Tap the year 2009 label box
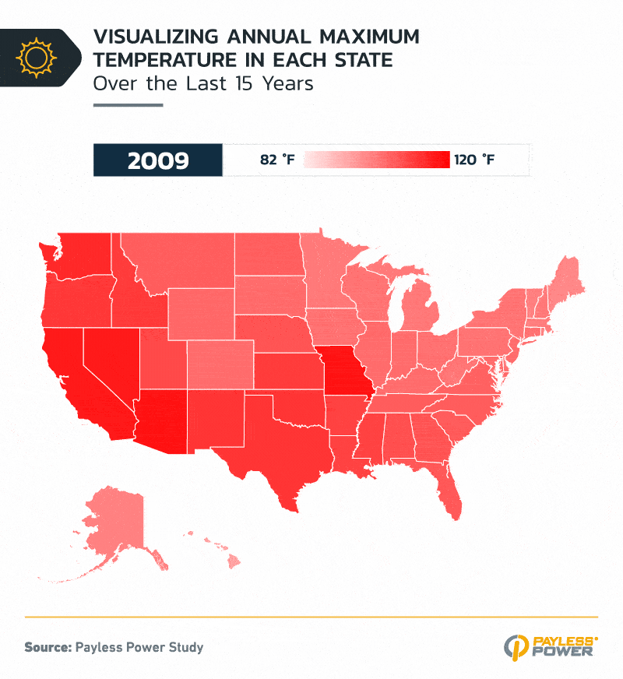(158, 160)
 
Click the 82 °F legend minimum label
(278, 160)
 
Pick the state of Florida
(448, 491)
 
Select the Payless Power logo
(551, 646)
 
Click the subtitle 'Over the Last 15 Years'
(202, 83)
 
